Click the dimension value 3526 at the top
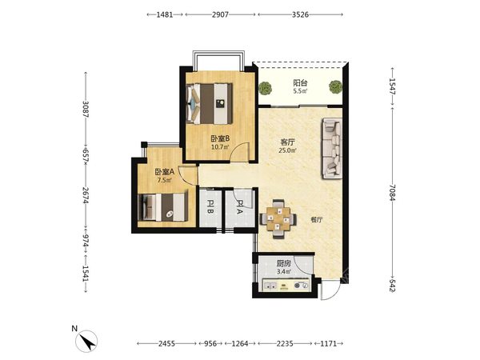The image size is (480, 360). click(300, 14)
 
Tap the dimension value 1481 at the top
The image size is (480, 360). click(165, 14)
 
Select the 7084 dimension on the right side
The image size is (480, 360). click(393, 193)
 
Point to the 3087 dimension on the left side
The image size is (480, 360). click(86, 110)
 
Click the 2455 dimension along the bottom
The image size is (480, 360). click(167, 343)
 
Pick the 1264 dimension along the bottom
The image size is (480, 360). click(240, 343)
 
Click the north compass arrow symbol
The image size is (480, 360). click(87, 342)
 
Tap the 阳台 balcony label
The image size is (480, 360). click(300, 82)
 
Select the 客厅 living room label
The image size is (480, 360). click(288, 142)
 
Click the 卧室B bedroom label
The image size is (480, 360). click(221, 138)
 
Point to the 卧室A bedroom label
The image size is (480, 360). click(164, 172)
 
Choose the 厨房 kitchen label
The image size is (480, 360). click(283, 263)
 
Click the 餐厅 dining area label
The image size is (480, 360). click(317, 219)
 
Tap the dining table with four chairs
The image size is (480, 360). click(278, 219)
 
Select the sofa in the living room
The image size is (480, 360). click(331, 149)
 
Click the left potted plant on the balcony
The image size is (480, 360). click(265, 88)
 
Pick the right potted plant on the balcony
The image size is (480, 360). click(335, 87)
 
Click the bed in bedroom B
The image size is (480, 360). click(210, 103)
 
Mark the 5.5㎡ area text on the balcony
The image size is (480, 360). click(300, 91)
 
